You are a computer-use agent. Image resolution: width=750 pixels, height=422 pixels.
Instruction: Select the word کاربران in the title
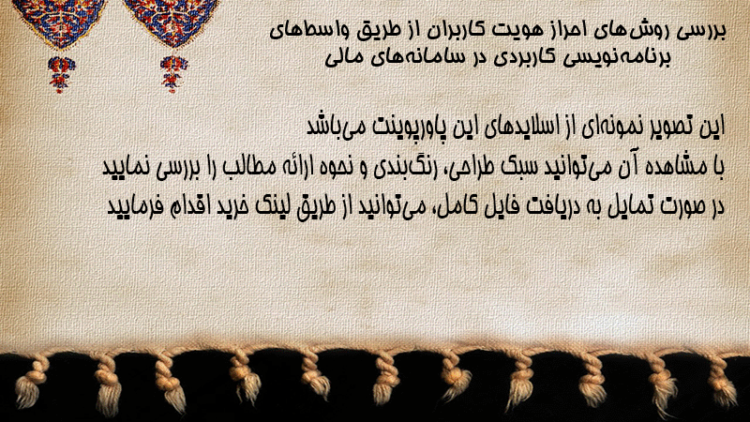pyautogui.click(x=452, y=32)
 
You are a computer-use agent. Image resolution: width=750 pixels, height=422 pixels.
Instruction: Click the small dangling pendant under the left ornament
pyautogui.click(x=61, y=74)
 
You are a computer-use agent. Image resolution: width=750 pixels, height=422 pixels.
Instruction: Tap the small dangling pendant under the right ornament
pyautogui.click(x=173, y=74)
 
